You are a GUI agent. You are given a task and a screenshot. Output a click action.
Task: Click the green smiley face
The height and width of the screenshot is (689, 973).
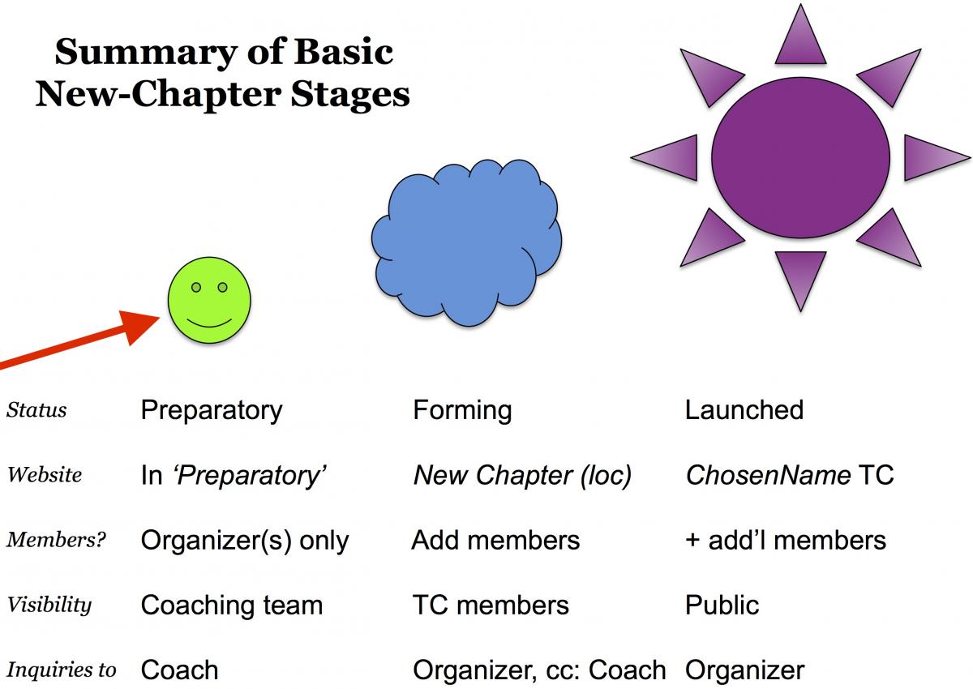tap(209, 300)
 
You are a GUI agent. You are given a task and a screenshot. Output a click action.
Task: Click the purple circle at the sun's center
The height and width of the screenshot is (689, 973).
tap(800, 156)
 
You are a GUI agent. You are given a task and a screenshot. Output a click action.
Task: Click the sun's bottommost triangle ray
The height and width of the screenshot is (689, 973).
tap(800, 276)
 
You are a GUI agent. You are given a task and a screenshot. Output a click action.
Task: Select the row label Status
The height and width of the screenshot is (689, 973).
tap(36, 410)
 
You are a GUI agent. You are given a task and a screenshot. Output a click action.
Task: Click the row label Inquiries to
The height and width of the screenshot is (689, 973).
tap(62, 670)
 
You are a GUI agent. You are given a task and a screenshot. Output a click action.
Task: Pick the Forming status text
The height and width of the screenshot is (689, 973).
tap(462, 410)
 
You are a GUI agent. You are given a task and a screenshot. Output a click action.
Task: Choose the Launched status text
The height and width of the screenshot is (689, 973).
tap(744, 410)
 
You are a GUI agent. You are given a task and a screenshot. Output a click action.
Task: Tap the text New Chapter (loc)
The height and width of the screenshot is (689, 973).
tap(522, 475)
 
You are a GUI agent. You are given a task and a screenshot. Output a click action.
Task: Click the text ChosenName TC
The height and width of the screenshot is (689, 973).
tap(789, 475)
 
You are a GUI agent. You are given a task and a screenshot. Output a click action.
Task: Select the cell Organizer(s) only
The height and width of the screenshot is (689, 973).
tap(245, 541)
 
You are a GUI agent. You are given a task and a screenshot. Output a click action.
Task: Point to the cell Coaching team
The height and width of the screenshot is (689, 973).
tap(232, 606)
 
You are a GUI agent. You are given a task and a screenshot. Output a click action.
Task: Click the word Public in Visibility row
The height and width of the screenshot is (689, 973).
tap(722, 606)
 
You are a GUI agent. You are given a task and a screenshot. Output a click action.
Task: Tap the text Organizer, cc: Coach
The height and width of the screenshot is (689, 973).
tap(539, 670)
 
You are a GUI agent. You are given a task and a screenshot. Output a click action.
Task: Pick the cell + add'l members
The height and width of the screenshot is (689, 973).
tap(785, 541)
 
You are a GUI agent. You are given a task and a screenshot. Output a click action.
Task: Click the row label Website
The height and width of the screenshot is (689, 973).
tap(45, 475)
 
